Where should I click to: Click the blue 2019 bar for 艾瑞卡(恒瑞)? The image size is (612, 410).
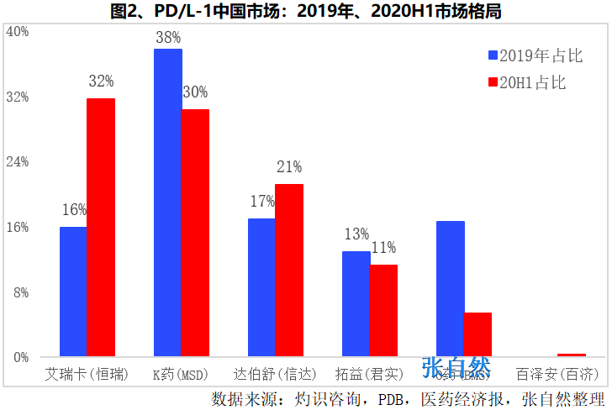(x=73, y=291)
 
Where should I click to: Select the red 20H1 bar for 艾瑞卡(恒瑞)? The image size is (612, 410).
(x=101, y=227)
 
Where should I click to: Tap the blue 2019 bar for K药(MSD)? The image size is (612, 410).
(x=167, y=202)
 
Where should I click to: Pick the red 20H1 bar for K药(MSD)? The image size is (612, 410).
(x=195, y=232)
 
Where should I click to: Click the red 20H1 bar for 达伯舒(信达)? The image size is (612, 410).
(x=289, y=270)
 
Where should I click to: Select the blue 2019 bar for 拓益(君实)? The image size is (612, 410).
(x=356, y=303)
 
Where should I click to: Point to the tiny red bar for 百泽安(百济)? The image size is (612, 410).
(x=572, y=355)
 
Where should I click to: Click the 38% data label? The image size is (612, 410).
(x=168, y=38)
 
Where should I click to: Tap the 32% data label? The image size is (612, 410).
(x=101, y=81)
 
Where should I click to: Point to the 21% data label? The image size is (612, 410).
(x=289, y=167)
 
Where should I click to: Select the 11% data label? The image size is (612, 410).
(x=383, y=248)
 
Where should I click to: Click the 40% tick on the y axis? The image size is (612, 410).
(x=18, y=32)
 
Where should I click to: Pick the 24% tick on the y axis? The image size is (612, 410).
(x=18, y=161)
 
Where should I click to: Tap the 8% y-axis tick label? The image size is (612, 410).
(x=20, y=292)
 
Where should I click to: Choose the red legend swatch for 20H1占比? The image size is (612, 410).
(x=493, y=82)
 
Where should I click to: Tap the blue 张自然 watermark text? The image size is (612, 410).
(x=456, y=368)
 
